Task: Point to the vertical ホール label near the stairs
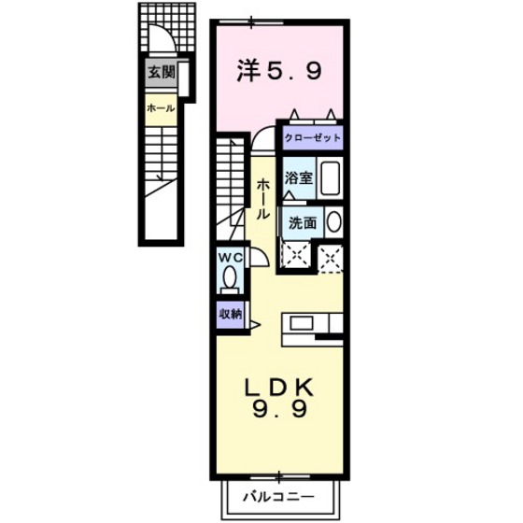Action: (263, 198)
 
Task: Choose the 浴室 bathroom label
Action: (299, 177)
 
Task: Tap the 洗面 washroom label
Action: (302, 224)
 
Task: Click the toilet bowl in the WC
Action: (229, 278)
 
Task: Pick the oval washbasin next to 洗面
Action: (333, 224)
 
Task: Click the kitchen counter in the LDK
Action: (314, 323)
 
